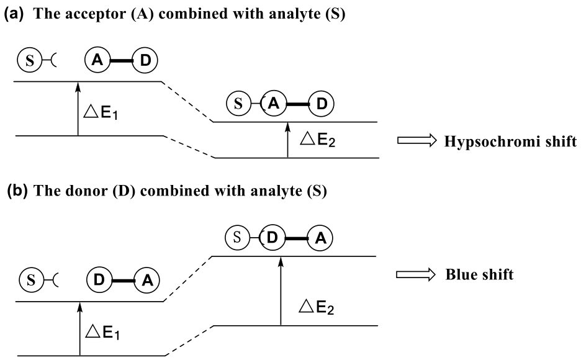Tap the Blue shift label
tap(479, 274)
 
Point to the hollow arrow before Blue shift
tap(417, 274)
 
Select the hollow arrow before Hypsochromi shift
tap(417, 142)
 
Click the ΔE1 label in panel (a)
tap(102, 112)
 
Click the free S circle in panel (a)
tap(28, 61)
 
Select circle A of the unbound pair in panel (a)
tap(96, 61)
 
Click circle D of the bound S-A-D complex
tap(321, 104)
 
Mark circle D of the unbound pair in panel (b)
tap(99, 281)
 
